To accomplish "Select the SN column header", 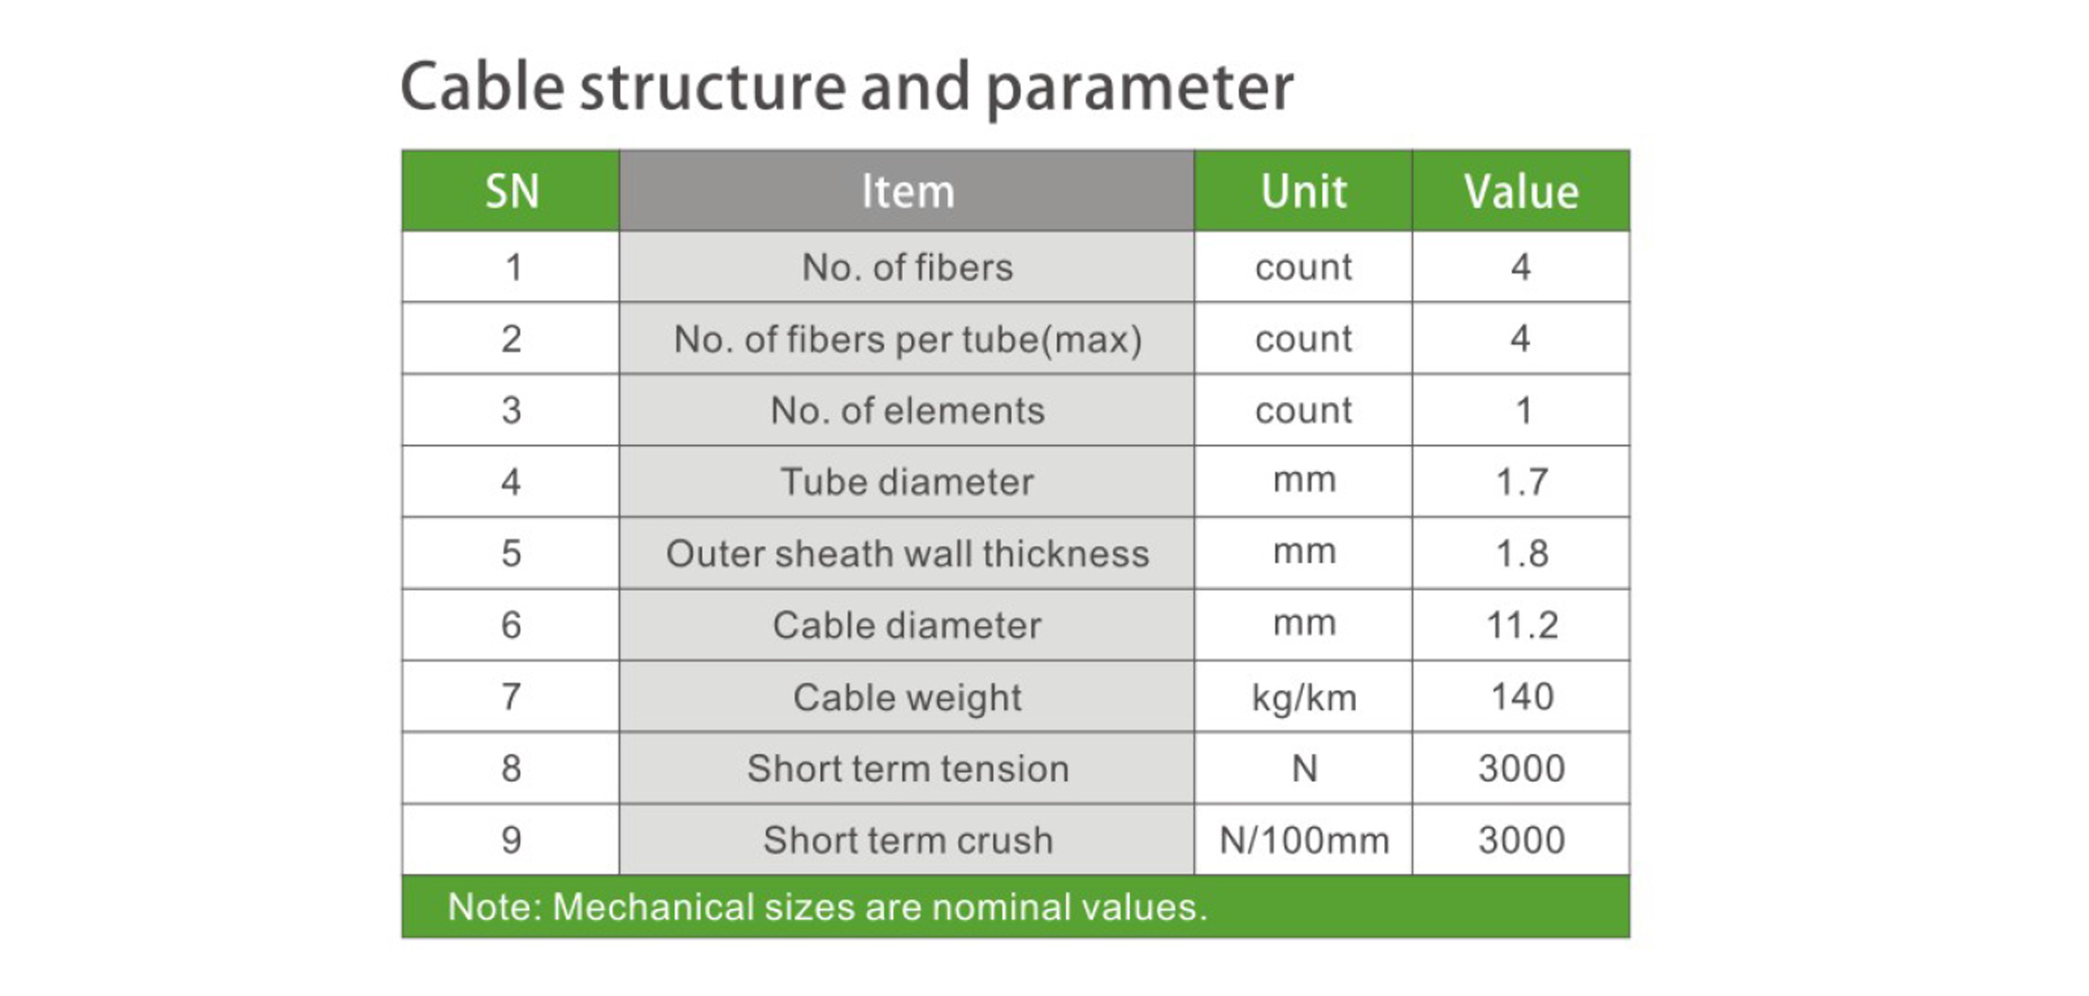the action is (x=511, y=191).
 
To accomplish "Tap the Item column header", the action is (x=907, y=191).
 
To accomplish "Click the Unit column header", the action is (x=1303, y=191).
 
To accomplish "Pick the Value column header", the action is (x=1521, y=191).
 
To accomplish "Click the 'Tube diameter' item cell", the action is (x=907, y=482).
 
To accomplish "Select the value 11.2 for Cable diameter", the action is (x=1521, y=625).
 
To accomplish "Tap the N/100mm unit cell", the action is (x=1304, y=840).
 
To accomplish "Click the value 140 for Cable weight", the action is (x=1521, y=697).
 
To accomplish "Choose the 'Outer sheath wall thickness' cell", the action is (x=907, y=554).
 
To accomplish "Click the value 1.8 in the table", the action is (x=1521, y=554).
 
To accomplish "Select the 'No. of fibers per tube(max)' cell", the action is (x=907, y=340).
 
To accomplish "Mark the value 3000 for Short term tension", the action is (x=1521, y=768).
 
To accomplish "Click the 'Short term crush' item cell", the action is (x=907, y=840).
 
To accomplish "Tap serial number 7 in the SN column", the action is (x=511, y=697).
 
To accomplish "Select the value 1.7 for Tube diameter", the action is (x=1521, y=482).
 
